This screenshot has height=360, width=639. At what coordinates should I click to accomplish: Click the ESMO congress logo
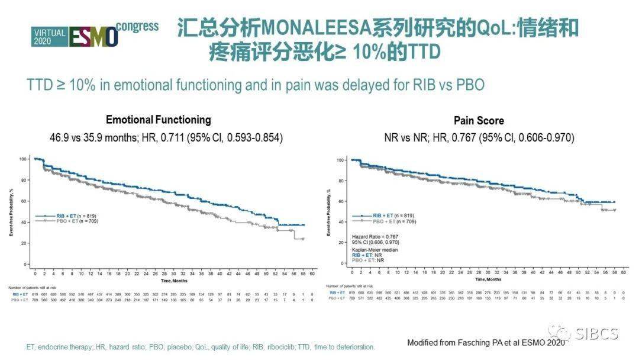[93, 35]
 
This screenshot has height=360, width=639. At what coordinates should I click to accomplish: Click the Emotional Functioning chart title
[158, 120]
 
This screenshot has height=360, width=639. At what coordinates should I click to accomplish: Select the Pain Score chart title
[479, 121]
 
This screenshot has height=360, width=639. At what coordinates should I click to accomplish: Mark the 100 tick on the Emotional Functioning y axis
[23, 159]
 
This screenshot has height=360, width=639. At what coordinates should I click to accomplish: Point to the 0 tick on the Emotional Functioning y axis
[25, 264]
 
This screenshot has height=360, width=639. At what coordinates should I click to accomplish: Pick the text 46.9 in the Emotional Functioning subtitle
[59, 137]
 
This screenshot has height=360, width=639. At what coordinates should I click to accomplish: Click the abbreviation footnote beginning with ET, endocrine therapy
[201, 346]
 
